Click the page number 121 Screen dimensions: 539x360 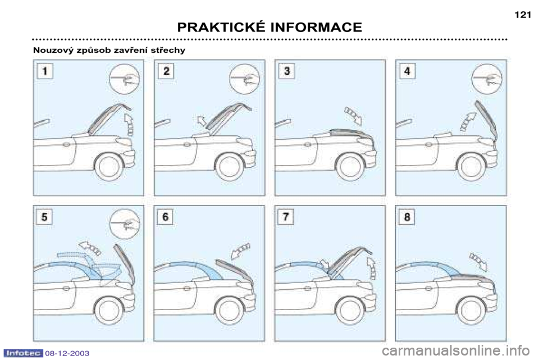pos(523,15)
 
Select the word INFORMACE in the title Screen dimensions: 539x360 pos(316,27)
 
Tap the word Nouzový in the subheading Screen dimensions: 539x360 pos(53,50)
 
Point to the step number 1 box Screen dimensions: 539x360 pos(45,71)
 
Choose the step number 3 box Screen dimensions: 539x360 pos(287,71)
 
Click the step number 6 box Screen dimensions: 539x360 pos(165,217)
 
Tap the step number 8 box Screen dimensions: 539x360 pos(407,217)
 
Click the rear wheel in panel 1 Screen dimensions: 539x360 pos(108,167)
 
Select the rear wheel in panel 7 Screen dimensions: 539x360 pos(350,311)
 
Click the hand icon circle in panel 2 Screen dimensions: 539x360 pos(244,79)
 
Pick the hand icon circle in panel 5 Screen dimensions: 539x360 pos(125,224)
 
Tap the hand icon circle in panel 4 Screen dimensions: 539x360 pos(487,79)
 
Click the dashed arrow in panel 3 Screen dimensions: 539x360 pos(354,115)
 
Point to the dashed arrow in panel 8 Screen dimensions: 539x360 pos(478,261)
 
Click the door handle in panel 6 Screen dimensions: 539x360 pos(186,288)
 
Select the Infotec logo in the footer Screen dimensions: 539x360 pos(24,353)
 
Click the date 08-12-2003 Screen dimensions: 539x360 pos(67,353)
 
